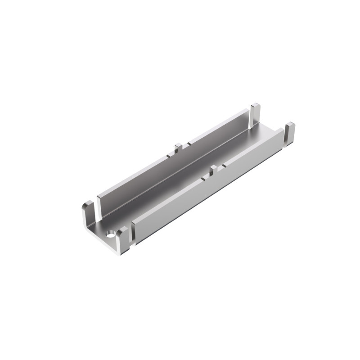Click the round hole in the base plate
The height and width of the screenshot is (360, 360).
pyautogui.click(x=110, y=234)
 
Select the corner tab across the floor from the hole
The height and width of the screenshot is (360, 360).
pyautogui.click(x=88, y=214)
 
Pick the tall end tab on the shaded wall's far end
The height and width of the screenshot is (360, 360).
pyautogui.click(x=255, y=114)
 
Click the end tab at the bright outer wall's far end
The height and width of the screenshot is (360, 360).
pyautogui.click(x=289, y=133)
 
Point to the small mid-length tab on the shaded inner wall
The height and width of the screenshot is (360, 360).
pyautogui.click(x=178, y=148)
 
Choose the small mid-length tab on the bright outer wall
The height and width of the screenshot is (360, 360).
pyautogui.click(x=213, y=170)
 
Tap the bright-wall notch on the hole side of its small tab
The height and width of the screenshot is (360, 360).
pyautogui.click(x=205, y=178)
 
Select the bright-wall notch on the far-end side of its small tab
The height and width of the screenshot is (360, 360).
pyautogui.click(x=221, y=167)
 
